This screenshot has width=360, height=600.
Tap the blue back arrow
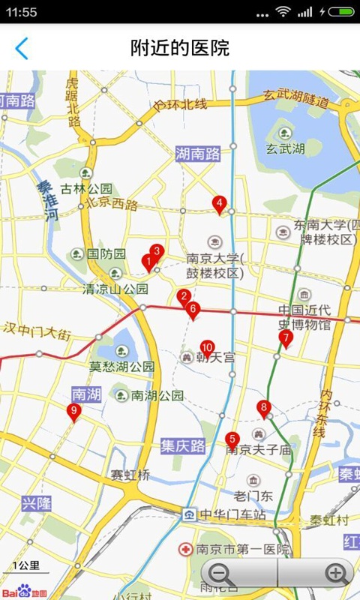(x=22, y=49)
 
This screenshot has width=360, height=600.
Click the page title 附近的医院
(x=180, y=49)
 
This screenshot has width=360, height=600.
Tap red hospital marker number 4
(x=219, y=203)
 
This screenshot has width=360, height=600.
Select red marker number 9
(x=73, y=411)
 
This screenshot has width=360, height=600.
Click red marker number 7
(x=285, y=338)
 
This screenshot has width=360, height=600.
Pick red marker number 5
(x=232, y=439)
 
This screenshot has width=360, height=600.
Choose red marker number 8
(x=263, y=408)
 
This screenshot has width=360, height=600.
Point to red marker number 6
(x=193, y=309)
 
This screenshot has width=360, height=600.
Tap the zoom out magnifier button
(x=222, y=574)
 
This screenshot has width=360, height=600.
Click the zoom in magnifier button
(x=337, y=574)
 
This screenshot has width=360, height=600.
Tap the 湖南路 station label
(x=198, y=154)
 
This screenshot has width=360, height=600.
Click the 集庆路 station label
(x=183, y=446)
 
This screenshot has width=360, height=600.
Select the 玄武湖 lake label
(x=285, y=148)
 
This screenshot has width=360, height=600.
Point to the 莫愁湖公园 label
(x=122, y=367)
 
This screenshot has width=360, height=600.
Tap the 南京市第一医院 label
(x=241, y=550)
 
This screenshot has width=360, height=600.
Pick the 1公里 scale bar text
(x=26, y=566)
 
